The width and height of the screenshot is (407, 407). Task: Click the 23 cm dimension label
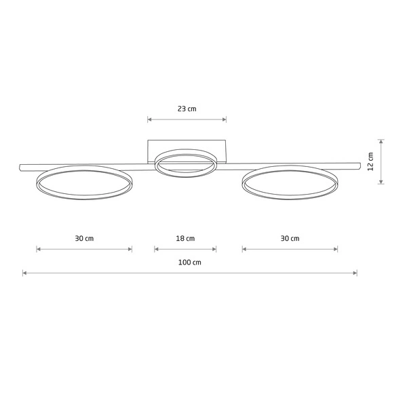point(187,109)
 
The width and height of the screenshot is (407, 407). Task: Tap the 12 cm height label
point(371,161)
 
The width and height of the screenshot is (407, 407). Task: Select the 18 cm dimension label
point(185,238)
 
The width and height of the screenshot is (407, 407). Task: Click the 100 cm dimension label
point(190,262)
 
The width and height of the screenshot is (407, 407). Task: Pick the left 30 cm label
point(84,238)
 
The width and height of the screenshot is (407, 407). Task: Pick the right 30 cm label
point(290,238)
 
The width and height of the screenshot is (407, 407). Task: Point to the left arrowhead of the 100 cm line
point(24,273)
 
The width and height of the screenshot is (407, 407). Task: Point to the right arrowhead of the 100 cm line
point(355,273)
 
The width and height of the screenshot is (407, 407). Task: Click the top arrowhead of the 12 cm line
point(381,142)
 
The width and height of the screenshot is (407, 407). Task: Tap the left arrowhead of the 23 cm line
point(149,120)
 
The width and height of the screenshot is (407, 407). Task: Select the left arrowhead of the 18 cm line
point(157,250)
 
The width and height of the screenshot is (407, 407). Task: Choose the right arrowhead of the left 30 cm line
point(130,250)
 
